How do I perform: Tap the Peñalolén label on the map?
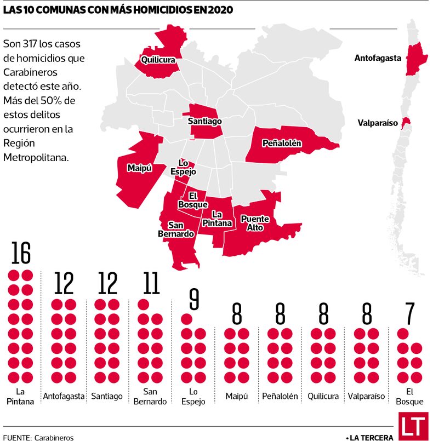[282, 144]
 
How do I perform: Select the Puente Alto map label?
[255, 223]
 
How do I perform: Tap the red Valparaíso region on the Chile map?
[406, 123]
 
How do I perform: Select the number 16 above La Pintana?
[20, 254]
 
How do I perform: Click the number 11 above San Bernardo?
[150, 283]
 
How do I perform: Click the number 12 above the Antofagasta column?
[64, 283]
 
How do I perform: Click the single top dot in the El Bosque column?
[403, 333]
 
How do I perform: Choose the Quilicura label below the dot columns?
[323, 396]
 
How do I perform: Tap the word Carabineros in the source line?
[53, 437]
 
